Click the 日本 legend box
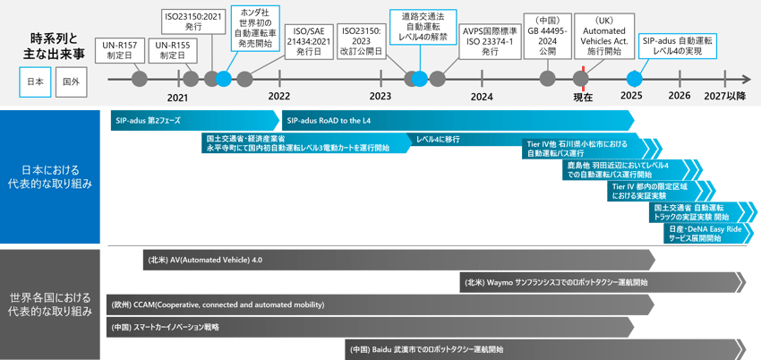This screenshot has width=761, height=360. tap(36, 81)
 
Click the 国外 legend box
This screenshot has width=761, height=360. tap(70, 81)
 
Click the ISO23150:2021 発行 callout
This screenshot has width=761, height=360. tap(193, 21)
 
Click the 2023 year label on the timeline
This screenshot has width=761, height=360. tap(380, 96)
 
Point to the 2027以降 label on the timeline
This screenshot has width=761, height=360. tap(725, 96)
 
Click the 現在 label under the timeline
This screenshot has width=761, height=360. tap(583, 96)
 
